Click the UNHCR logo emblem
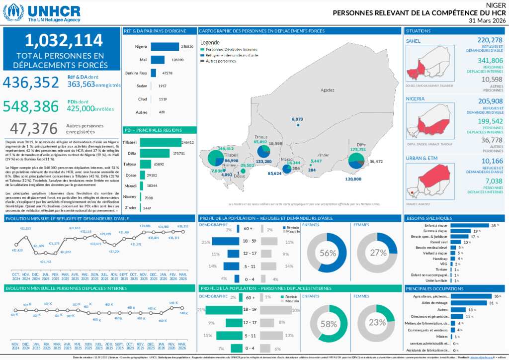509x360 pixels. (x=13, y=12)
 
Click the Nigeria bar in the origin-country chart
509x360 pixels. (x=165, y=47)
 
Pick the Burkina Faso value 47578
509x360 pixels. (x=168, y=73)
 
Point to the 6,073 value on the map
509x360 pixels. (x=297, y=119)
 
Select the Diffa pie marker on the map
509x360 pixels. (x=356, y=161)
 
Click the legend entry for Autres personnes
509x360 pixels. (x=220, y=61)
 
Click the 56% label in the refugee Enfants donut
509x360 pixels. (x=328, y=253)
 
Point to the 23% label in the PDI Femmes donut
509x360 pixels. (x=378, y=322)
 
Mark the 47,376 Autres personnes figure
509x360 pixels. (x=34, y=129)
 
